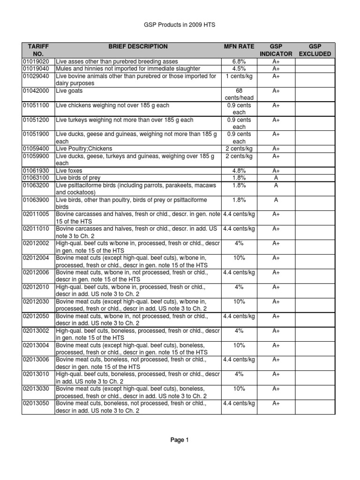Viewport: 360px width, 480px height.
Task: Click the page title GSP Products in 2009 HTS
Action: [180, 25]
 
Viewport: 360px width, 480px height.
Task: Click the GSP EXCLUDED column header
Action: [315, 50]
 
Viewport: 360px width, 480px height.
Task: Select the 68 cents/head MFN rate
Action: [239, 94]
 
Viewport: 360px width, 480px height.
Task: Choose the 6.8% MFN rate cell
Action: [239, 61]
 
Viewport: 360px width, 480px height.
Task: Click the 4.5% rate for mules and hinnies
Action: [239, 69]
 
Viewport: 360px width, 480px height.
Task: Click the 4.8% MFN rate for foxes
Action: [239, 171]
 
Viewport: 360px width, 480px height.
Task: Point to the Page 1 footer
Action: [180, 440]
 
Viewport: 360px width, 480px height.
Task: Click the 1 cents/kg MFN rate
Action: [239, 76]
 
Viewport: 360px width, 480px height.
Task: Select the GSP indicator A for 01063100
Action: [276, 178]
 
